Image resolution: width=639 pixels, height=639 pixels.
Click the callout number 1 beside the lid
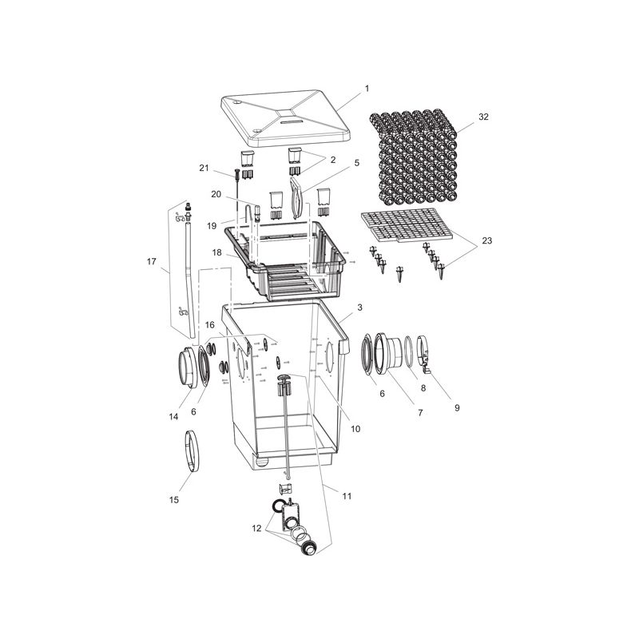coord(367,88)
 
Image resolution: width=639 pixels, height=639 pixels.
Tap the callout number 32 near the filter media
coord(483,117)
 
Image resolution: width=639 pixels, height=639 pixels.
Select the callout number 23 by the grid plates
coord(486,240)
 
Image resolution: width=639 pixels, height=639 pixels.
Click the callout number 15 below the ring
coord(173,500)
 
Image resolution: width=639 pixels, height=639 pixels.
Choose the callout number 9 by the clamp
coord(457,407)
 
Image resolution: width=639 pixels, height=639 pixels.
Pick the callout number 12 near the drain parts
coord(256,529)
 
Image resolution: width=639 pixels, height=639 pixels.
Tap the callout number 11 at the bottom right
coord(346,496)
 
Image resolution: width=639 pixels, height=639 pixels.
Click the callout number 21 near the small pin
coord(204,168)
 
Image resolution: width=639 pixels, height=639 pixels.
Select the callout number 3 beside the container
coord(360,308)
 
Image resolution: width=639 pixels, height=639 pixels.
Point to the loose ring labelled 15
coord(192,450)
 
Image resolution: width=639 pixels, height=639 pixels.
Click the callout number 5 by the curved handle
coord(357,163)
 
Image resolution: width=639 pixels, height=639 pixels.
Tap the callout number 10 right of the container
coord(355,429)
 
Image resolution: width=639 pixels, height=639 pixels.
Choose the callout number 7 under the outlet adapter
coord(420,413)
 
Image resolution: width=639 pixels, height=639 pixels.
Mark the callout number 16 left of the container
coord(209,325)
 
